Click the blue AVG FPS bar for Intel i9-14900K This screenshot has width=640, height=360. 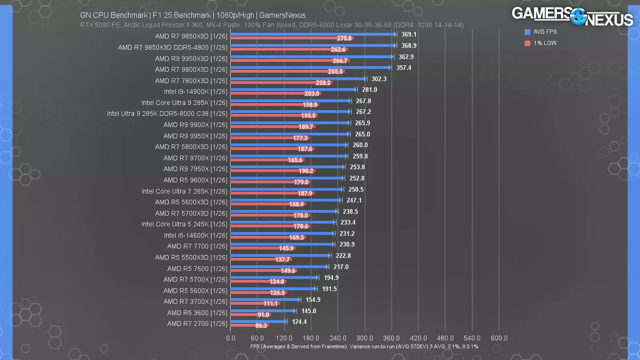pos(292,90)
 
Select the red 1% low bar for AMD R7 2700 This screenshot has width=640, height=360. pos(244,326)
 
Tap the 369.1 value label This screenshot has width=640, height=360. pos(409,34)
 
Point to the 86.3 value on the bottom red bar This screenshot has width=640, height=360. pos(261,326)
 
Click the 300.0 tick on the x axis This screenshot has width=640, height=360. pos(364,338)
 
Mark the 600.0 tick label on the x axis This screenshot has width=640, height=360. pos(499,338)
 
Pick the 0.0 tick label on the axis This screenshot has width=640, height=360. pos(231,338)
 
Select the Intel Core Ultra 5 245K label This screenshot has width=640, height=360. pos(184,224)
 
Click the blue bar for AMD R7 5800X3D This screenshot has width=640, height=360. pos(288,145)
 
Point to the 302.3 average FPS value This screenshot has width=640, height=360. pos(379,79)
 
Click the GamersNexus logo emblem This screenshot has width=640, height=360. pos(578,16)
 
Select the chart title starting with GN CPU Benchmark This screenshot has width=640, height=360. pos(192,15)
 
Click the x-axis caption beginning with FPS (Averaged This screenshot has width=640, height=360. pos(364,346)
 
